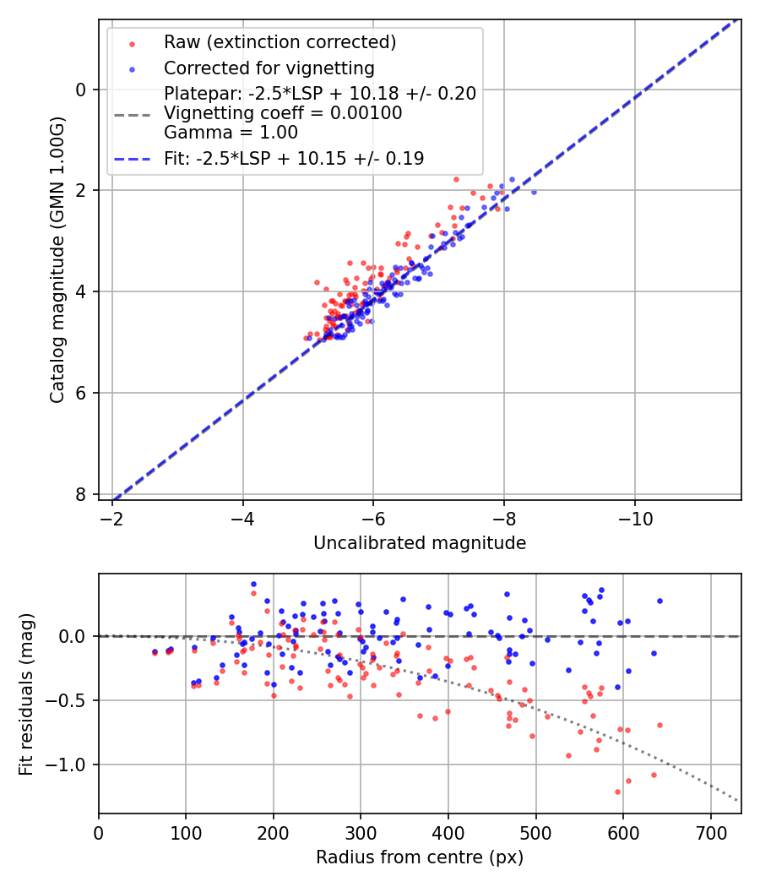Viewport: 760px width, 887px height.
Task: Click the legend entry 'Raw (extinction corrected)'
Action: [x=280, y=42]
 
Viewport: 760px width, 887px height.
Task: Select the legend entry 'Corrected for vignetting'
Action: [x=269, y=68]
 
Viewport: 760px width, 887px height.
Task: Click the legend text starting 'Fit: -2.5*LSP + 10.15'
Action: [x=294, y=158]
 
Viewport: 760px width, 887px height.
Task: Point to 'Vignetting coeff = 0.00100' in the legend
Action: [x=283, y=113]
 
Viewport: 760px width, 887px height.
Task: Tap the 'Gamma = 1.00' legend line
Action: [x=231, y=133]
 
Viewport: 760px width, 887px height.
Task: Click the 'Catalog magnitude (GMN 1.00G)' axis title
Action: [x=57, y=259]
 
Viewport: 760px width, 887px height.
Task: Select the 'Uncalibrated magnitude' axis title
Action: [x=420, y=543]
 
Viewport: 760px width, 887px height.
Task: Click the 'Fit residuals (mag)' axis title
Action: [x=26, y=694]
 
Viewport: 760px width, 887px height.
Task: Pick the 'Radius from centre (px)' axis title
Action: [x=420, y=857]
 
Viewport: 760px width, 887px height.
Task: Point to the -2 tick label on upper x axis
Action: [x=112, y=517]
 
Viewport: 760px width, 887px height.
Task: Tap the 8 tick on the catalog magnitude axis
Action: [x=81, y=494]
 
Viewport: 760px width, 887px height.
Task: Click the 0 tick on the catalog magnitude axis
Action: [x=81, y=89]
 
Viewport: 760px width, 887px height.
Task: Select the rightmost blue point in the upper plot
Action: [x=533, y=192]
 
